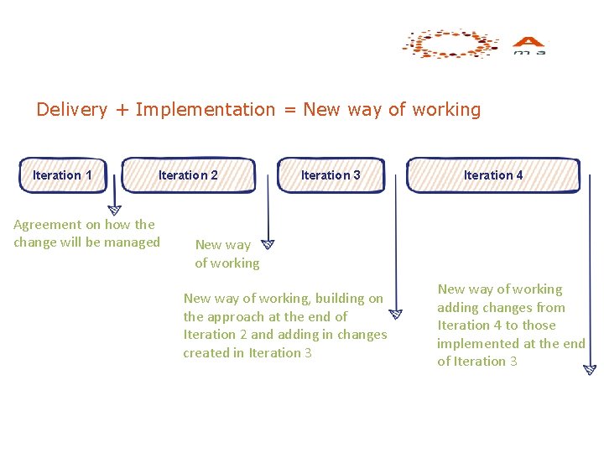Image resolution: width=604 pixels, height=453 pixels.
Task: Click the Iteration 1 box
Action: pyautogui.click(x=62, y=174)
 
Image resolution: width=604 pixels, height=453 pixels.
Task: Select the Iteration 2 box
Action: pyautogui.click(x=189, y=174)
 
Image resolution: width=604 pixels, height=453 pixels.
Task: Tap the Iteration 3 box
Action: pyautogui.click(x=331, y=174)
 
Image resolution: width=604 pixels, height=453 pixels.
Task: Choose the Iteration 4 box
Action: pyautogui.click(x=493, y=174)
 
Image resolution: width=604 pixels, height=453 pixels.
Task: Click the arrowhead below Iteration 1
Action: pyautogui.click(x=115, y=210)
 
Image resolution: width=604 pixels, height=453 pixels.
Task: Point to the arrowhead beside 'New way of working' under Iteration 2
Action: pyautogui.click(x=268, y=244)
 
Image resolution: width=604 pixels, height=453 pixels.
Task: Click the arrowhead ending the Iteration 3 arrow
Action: pyautogui.click(x=395, y=315)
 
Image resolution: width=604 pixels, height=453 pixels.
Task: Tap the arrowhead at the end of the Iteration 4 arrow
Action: pyautogui.click(x=589, y=369)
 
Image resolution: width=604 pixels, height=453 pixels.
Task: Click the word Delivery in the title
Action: pyautogui.click(x=72, y=109)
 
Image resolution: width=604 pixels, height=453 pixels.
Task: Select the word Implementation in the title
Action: pyautogui.click(x=205, y=109)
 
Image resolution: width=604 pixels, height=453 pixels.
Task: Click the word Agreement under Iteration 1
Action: pyautogui.click(x=48, y=225)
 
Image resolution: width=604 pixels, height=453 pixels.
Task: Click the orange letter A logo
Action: pyautogui.click(x=528, y=42)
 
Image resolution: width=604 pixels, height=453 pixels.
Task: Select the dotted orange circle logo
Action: pyautogui.click(x=450, y=44)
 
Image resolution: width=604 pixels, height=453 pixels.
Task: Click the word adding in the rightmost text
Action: pyautogui.click(x=458, y=307)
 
